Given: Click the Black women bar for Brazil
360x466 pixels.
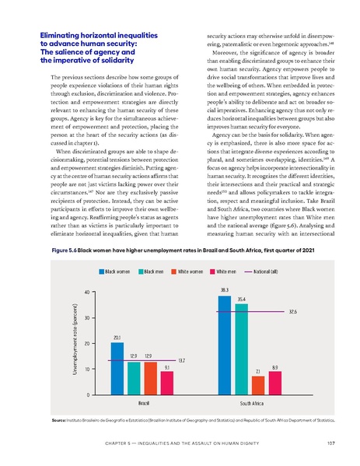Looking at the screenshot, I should pyautogui.click(x=117, y=369).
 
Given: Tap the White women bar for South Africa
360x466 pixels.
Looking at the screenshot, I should pyautogui.click(x=258, y=386).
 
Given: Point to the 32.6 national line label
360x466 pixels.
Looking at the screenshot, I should pyautogui.click(x=292, y=311).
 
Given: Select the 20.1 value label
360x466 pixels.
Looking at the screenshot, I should pyautogui.click(x=117, y=337).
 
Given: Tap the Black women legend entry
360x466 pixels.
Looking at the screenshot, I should pyautogui.click(x=115, y=271).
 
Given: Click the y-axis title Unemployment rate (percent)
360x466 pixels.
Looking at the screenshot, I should pyautogui.click(x=75, y=342).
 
